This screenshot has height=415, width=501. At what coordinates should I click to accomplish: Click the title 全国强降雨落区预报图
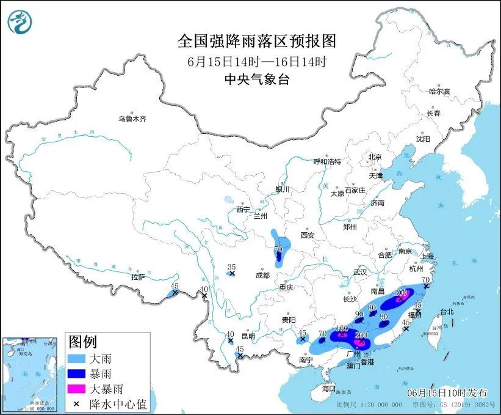click(x=256, y=41)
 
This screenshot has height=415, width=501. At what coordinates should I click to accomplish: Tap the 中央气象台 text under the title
click(x=256, y=79)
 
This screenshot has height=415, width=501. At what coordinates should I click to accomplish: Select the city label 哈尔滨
click(x=439, y=91)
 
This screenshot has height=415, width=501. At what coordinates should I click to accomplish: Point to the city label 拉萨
click(x=137, y=277)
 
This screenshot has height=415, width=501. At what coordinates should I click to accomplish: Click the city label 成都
click(x=262, y=275)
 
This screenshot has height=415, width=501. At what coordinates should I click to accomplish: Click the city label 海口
click(x=329, y=388)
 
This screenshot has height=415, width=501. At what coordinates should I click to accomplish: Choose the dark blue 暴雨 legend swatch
click(x=76, y=374)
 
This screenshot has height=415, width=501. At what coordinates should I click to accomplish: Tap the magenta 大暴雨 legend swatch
click(x=76, y=389)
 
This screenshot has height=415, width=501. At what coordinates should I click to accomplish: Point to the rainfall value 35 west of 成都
click(x=231, y=267)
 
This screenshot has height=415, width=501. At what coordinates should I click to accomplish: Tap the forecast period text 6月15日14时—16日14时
click(x=256, y=61)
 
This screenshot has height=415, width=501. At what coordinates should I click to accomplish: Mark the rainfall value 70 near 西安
click(x=278, y=249)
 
